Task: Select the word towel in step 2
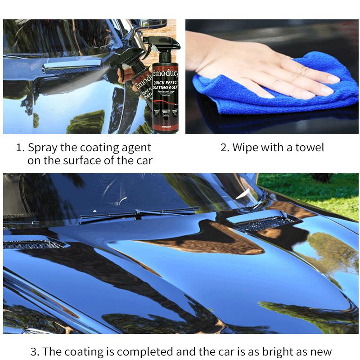(309, 148)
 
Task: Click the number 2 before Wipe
(224, 148)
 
